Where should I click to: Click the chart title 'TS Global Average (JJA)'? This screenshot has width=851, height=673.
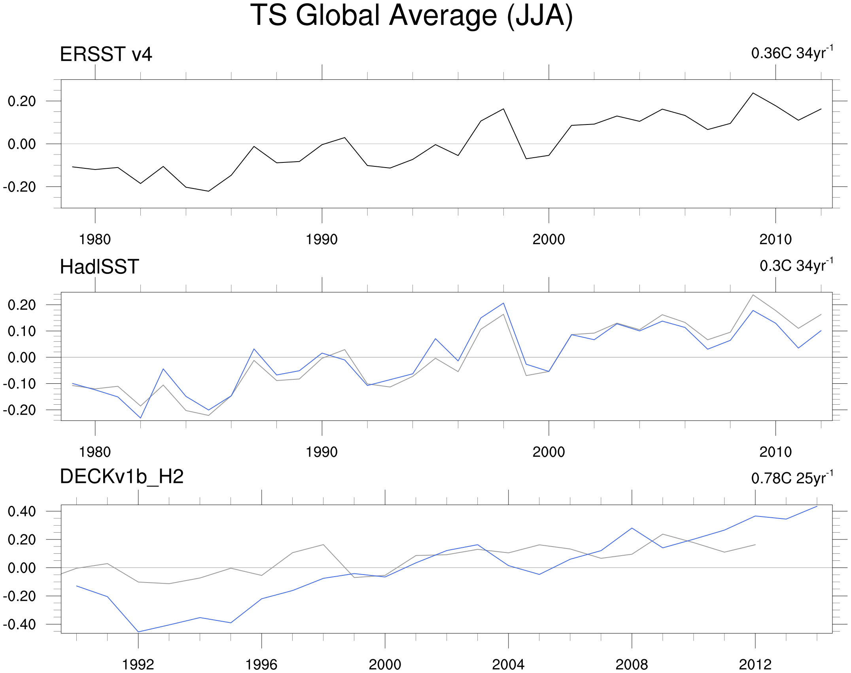coord(411,16)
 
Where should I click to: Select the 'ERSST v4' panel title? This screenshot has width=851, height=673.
coord(106,55)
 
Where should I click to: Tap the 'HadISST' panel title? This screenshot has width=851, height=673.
coord(99,267)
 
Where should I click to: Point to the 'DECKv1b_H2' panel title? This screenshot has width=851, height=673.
coord(121,477)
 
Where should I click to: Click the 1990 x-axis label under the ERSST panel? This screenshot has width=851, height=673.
coord(321,239)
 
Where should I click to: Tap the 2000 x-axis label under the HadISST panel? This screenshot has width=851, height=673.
coord(548,452)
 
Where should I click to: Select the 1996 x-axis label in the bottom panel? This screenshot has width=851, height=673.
coord(261,665)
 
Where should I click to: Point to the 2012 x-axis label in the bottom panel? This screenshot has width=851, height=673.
coord(755,665)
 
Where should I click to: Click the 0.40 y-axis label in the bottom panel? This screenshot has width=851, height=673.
coord(22,511)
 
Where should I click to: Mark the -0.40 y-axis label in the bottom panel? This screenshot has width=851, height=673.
coord(19,624)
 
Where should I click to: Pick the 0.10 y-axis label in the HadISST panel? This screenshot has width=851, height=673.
coord(22,331)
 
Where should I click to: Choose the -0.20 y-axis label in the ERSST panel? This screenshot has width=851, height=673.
coord(19,187)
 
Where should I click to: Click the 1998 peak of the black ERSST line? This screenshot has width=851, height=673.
coord(503,109)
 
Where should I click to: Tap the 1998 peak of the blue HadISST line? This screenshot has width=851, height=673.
coord(503,303)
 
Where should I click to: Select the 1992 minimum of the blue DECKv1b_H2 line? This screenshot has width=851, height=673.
coord(138,632)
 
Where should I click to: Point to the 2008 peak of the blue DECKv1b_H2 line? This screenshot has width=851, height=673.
coord(632,528)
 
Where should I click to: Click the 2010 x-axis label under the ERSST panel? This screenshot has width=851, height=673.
coord(775,239)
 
